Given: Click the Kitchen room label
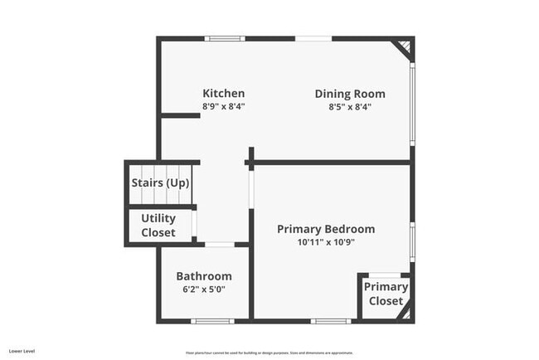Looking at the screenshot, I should [x=224, y=93].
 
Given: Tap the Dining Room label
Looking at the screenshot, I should [x=343, y=93].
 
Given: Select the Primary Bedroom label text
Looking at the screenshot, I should [x=326, y=229].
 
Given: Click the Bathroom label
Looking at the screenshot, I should [x=204, y=276].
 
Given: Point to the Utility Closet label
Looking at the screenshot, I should [x=158, y=225].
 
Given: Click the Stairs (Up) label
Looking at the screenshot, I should [x=160, y=182].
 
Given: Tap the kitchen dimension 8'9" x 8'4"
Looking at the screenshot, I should [x=224, y=106].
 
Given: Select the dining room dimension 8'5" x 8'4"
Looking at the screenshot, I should [x=343, y=106].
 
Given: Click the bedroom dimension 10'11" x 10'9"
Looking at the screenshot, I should [x=326, y=242].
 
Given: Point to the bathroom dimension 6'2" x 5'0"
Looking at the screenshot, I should [x=204, y=289].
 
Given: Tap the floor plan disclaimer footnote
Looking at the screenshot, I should [x=269, y=352].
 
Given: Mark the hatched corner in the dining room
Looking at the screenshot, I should [x=403, y=46].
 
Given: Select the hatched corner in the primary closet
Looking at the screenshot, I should [x=405, y=314].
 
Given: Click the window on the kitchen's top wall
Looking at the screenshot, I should [x=225, y=38].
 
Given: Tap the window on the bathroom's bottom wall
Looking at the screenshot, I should [x=211, y=321].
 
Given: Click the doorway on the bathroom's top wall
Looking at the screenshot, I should [x=220, y=244].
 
